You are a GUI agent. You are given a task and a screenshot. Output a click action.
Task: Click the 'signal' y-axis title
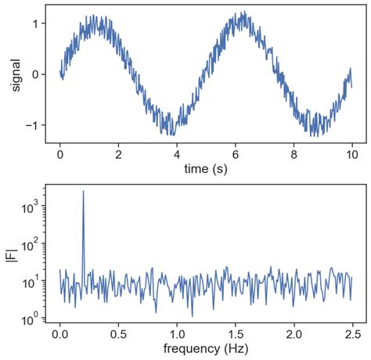pyautogui.click(x=16, y=74)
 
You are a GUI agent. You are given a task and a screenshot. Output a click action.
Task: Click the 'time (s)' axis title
pyautogui.click(x=206, y=167)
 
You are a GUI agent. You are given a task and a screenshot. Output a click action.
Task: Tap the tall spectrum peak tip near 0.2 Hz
pyautogui.click(x=84, y=191)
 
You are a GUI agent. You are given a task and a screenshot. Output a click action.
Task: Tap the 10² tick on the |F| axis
pyautogui.click(x=31, y=245)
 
